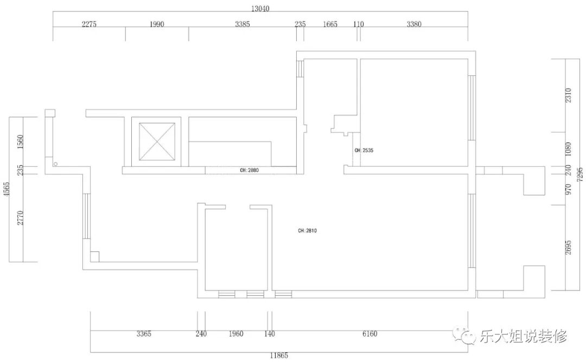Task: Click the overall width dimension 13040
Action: coord(260,8)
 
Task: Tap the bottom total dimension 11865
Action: coord(279,355)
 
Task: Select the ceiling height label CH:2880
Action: coord(249,170)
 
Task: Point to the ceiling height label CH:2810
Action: coord(307,231)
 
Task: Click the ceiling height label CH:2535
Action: coord(364,151)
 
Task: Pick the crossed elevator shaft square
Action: coord(157,141)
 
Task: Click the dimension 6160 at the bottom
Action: coord(370,334)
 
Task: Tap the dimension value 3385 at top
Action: coord(243,24)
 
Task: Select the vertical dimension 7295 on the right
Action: coord(579,174)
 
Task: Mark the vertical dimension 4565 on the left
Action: coord(7,189)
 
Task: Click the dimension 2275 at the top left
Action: coord(89,24)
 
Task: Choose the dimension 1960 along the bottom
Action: coord(236,334)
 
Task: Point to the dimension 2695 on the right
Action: coord(568,248)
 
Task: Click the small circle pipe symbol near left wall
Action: coord(55,164)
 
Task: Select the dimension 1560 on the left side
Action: coord(20,142)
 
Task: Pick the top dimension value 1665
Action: coord(330,24)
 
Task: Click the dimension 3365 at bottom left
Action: coord(143,334)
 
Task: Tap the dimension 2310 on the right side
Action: coord(568,95)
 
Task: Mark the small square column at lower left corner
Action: coord(94,257)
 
